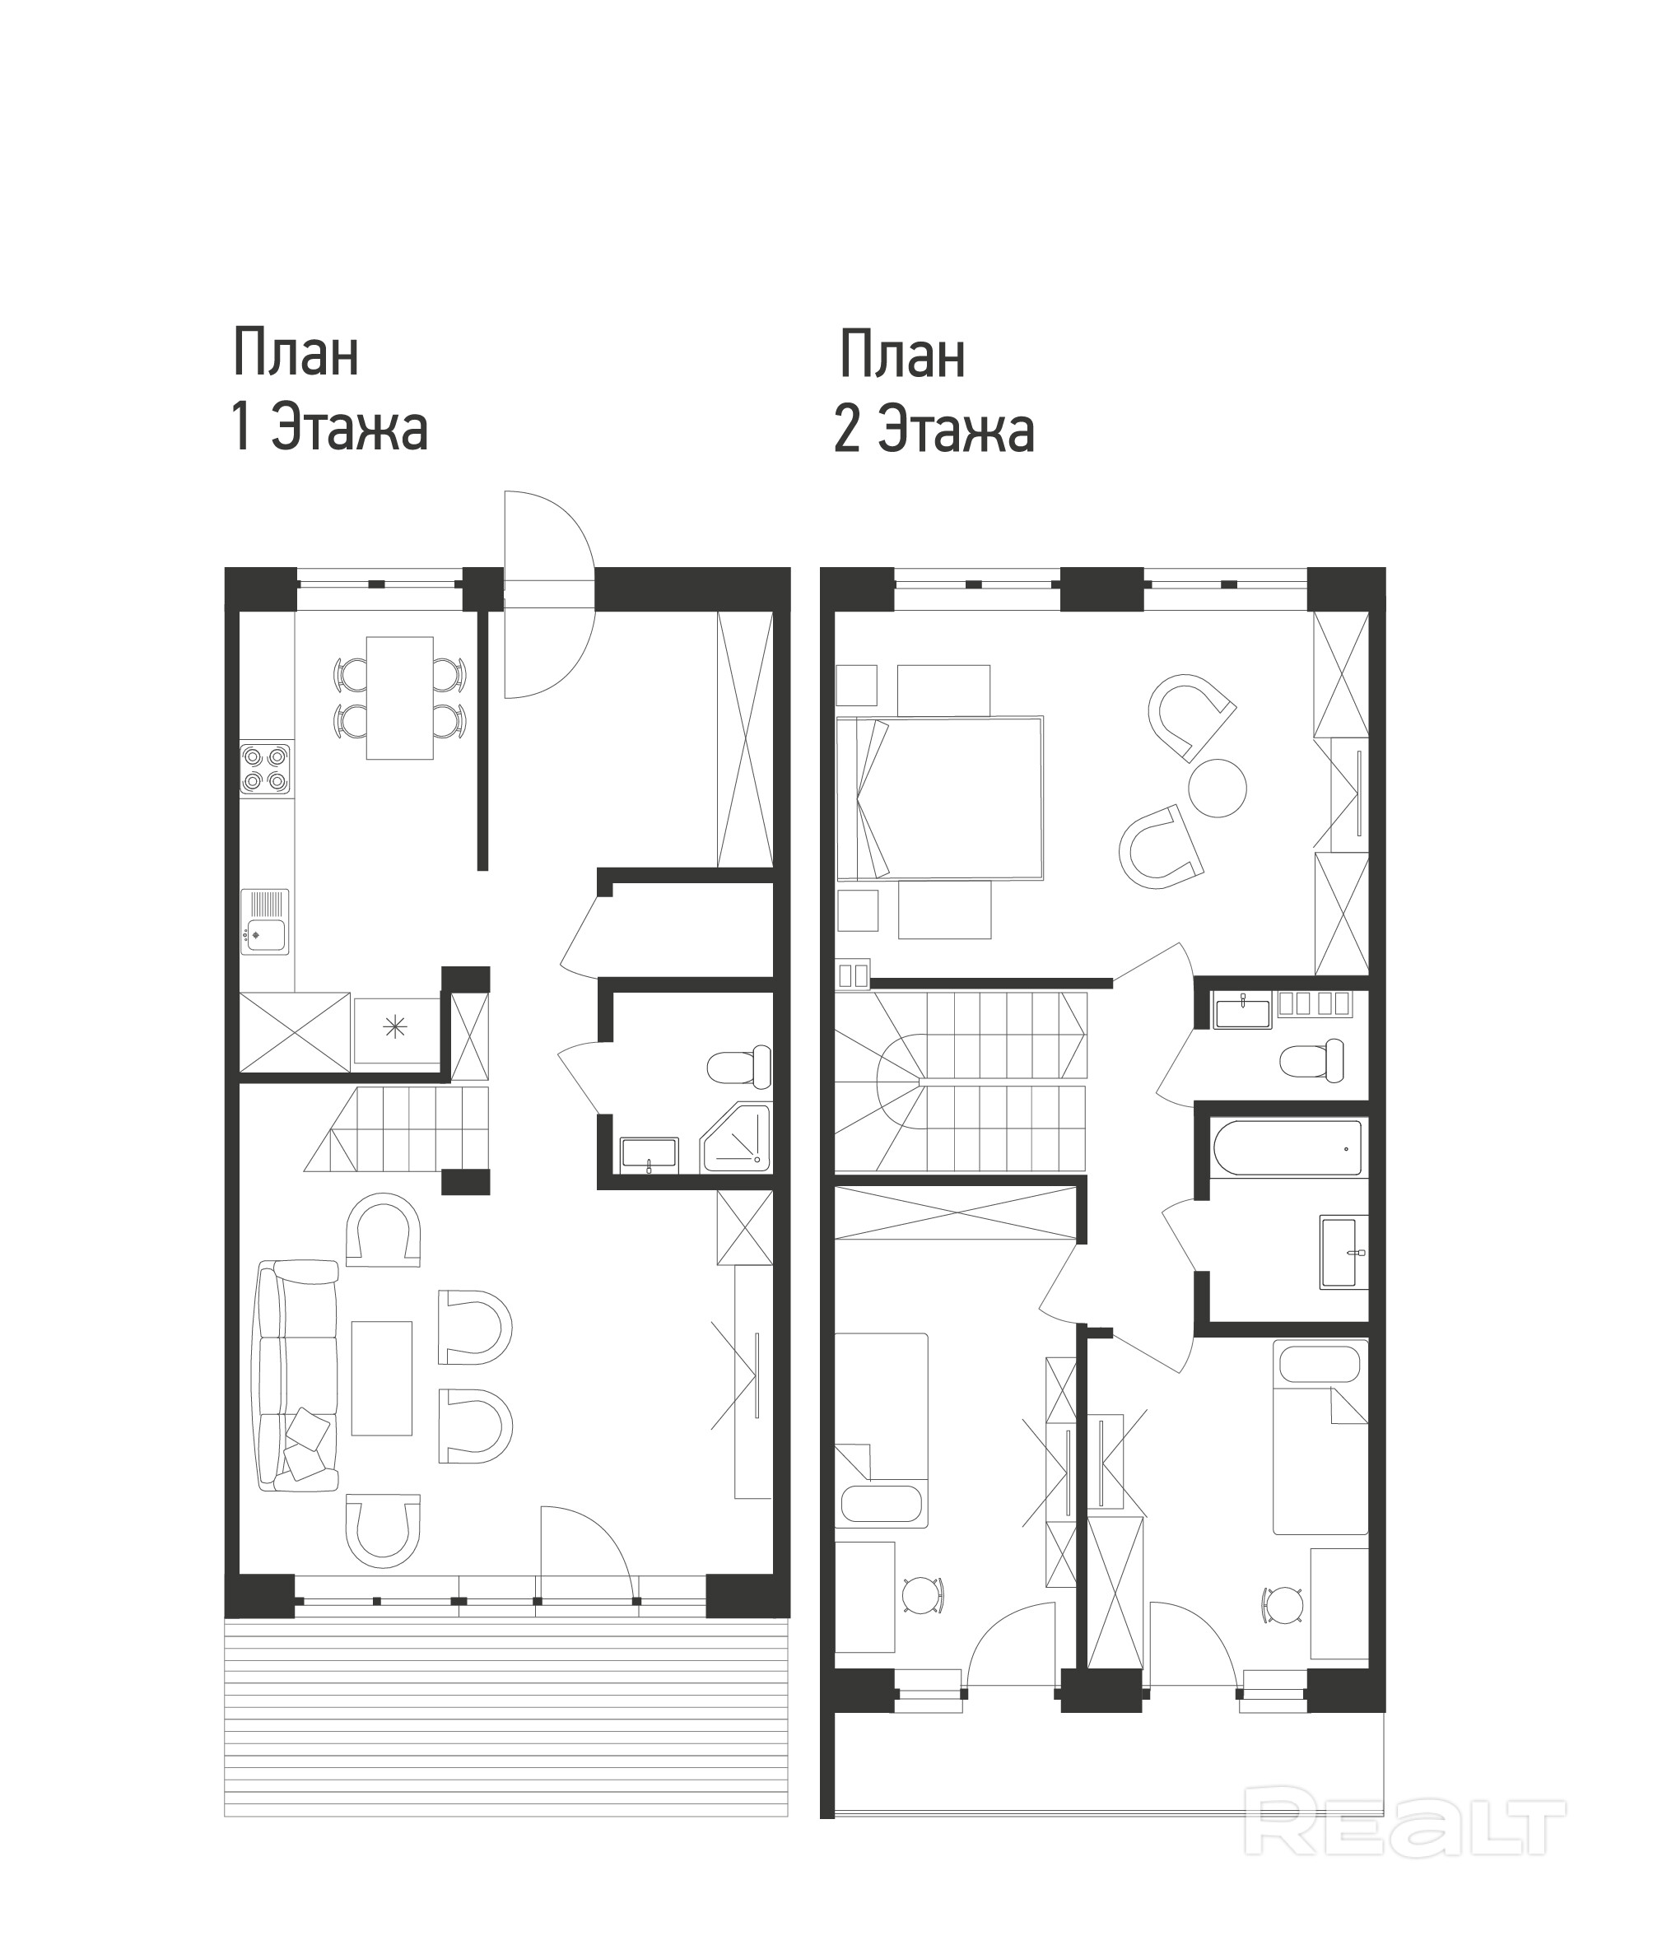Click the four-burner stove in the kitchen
click(266, 770)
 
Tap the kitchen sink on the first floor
click(265, 922)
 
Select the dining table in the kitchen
click(400, 698)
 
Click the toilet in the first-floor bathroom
click(738, 1066)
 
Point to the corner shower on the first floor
click(736, 1138)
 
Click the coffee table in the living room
click(381, 1378)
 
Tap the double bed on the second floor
click(940, 799)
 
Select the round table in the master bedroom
click(1218, 788)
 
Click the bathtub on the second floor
click(1286, 1148)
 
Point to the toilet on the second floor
click(1312, 1060)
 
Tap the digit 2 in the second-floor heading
click(847, 430)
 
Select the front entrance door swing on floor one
click(549, 594)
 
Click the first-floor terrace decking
click(506, 1716)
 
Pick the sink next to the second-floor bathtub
click(1343, 1252)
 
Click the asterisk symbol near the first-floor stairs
click(395, 1028)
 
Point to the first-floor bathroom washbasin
click(650, 1153)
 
